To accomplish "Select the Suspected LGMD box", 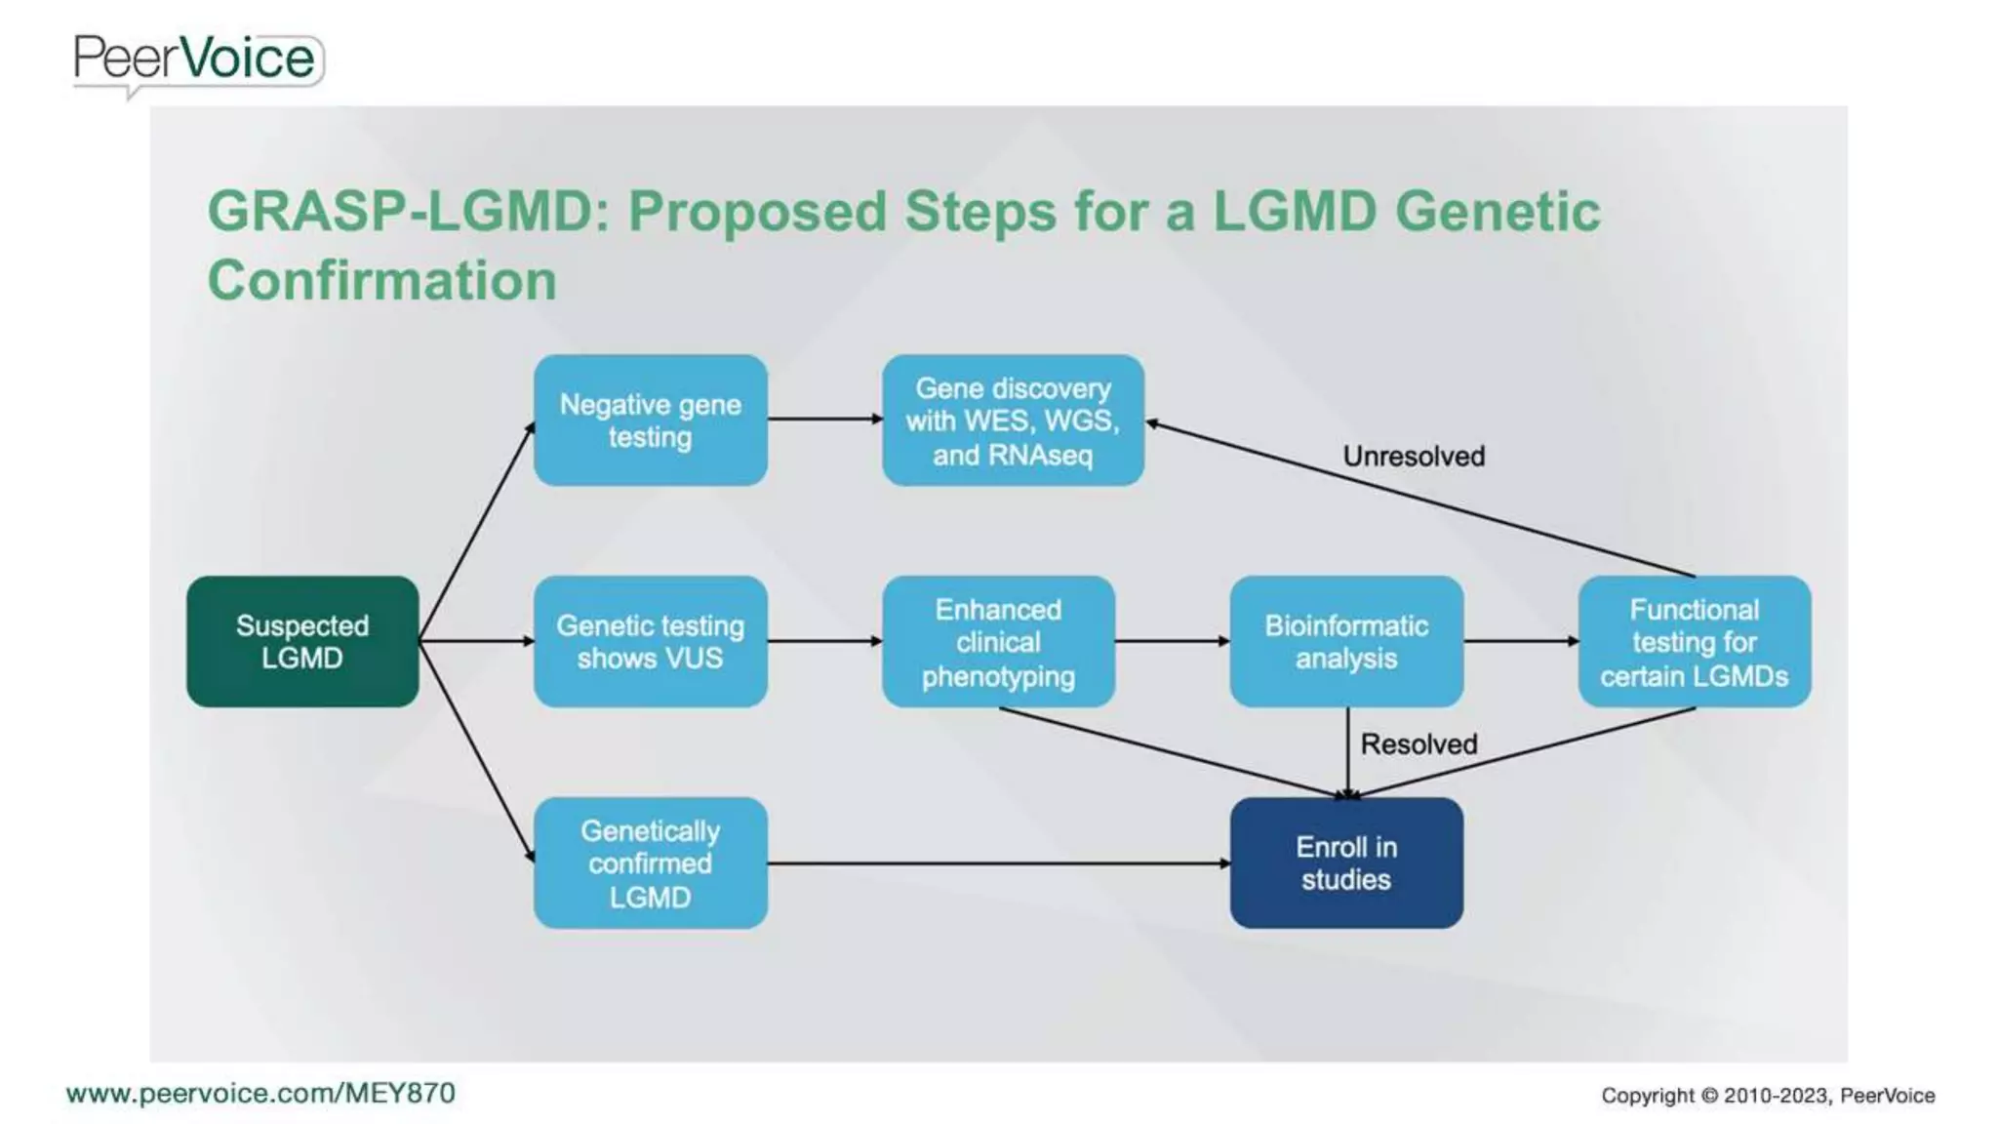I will [302, 641].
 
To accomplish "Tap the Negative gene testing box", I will [650, 421].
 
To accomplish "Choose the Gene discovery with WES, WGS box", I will [1013, 421].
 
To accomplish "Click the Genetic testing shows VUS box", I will [650, 641].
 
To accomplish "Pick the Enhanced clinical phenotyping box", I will [998, 641].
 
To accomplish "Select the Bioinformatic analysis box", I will [1346, 641].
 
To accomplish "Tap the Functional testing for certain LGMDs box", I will [1694, 641].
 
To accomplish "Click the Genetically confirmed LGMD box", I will [650, 863].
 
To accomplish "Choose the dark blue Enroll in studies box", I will [1346, 863].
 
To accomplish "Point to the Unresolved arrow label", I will [1414, 456].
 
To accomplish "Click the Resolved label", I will [1419, 744].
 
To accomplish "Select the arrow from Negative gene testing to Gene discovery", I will [824, 420].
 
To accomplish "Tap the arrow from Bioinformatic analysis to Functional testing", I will [1520, 641].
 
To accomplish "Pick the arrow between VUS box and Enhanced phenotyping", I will [824, 641].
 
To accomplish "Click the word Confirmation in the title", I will [381, 280].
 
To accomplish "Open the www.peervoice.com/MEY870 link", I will [260, 1093].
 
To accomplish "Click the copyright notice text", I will [1767, 1096].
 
